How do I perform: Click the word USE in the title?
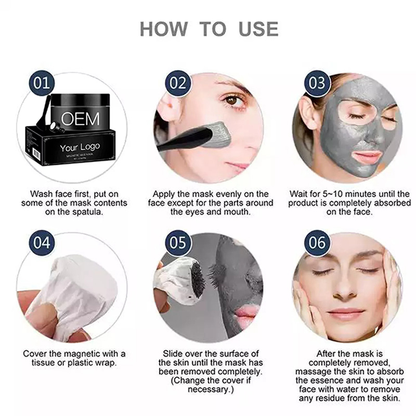(x=258, y=29)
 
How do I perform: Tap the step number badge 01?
(x=42, y=83)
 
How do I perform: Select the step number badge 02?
(x=178, y=83)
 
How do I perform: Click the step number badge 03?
(x=317, y=83)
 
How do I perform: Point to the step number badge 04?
(x=42, y=242)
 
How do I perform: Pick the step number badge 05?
(x=178, y=242)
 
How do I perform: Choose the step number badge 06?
(x=317, y=242)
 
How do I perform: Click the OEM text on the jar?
(x=81, y=119)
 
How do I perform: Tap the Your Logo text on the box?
(x=80, y=147)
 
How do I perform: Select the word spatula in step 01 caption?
(x=87, y=212)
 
